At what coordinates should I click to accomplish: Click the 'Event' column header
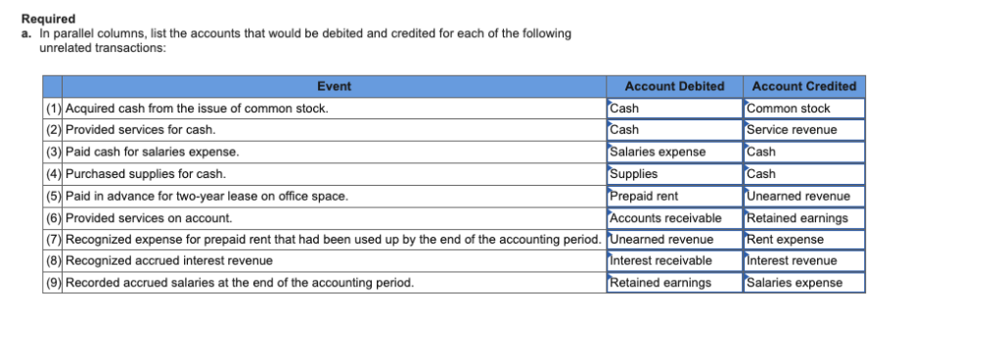(334, 86)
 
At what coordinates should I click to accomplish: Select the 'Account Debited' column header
(674, 86)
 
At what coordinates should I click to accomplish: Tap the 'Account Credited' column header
(803, 86)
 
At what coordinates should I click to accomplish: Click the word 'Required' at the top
(48, 20)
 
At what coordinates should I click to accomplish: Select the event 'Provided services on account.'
(148, 217)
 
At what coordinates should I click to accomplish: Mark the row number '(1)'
(54, 109)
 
